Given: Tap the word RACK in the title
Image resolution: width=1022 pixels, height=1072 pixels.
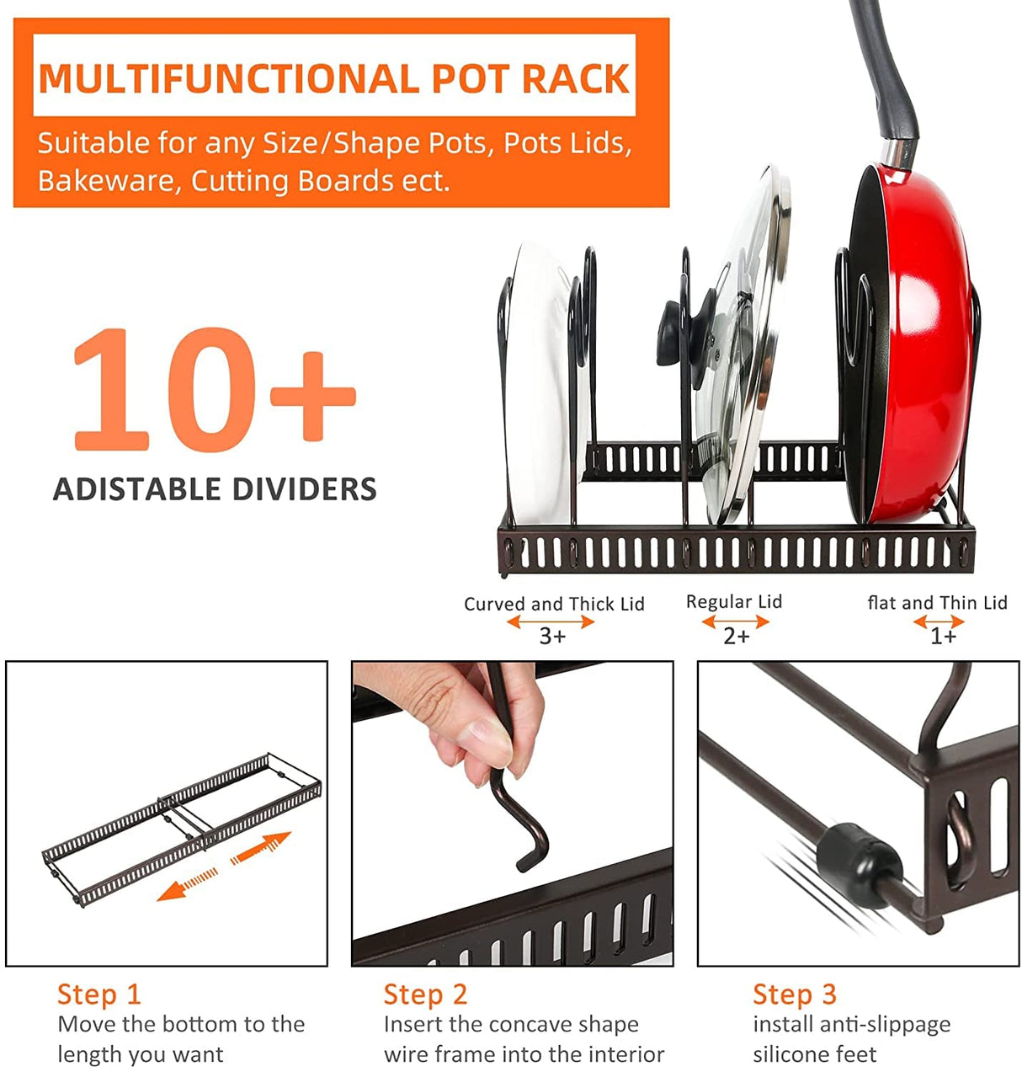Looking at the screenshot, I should [575, 79].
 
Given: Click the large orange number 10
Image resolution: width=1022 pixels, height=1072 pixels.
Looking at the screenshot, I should [164, 389].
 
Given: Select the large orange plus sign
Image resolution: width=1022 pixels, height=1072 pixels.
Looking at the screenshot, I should [312, 396].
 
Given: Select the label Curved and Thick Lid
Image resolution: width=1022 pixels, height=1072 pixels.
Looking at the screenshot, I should [554, 604].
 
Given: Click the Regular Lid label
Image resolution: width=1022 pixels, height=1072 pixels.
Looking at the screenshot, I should [734, 601].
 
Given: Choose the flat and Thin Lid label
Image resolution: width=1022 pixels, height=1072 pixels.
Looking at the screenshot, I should [937, 603].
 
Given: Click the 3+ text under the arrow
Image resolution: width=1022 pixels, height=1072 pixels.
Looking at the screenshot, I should [552, 637].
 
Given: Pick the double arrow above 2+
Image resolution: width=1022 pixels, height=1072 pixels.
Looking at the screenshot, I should [736, 622].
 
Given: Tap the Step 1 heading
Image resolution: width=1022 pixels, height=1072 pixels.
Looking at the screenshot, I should [98, 995].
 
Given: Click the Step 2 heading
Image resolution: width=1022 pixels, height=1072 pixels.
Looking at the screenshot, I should [425, 995].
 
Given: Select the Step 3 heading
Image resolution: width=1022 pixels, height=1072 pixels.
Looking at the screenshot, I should [794, 995].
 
